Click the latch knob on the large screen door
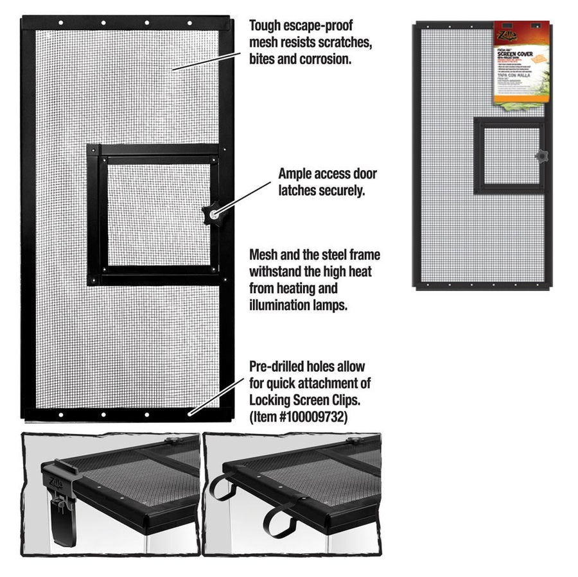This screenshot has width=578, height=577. pos(210,214)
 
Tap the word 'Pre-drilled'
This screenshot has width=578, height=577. pos(280,366)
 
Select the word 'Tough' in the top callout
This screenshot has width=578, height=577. pos(267,26)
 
